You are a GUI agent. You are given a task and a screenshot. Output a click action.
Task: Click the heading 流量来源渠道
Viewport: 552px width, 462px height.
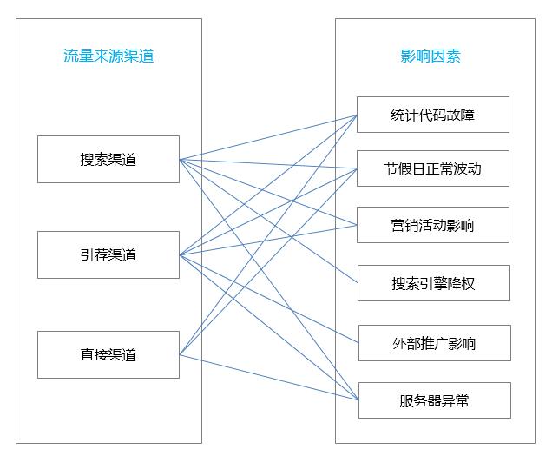(x=108, y=56)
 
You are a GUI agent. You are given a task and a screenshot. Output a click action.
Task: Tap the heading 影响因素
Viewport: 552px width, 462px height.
(x=430, y=56)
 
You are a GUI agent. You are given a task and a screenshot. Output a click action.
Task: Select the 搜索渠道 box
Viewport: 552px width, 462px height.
(x=108, y=160)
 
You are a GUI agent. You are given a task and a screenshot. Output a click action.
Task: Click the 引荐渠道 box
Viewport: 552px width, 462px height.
(x=108, y=255)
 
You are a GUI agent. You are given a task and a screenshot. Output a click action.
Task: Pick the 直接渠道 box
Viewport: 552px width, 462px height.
(x=108, y=354)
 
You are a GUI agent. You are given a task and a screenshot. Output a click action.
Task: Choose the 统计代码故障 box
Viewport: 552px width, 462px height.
(x=433, y=115)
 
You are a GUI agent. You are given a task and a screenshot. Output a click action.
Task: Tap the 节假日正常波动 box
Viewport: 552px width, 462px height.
(x=433, y=168)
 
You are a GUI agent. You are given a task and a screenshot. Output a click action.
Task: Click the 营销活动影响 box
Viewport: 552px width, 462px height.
(x=433, y=226)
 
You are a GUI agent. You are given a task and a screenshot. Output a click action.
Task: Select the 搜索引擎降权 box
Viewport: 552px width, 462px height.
(x=433, y=283)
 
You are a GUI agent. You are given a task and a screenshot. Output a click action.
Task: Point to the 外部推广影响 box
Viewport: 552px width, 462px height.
(x=433, y=343)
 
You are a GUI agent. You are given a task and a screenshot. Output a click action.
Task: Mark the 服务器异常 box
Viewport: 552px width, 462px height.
(x=433, y=400)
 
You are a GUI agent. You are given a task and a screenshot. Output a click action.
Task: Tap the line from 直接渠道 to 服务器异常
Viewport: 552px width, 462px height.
(x=312, y=388)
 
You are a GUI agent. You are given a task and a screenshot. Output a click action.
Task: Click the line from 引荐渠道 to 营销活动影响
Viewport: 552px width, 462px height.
(x=312, y=233)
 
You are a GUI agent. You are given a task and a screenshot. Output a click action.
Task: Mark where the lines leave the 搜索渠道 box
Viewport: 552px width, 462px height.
(x=180, y=160)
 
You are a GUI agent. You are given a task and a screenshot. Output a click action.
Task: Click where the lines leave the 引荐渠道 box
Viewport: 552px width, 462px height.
(x=180, y=255)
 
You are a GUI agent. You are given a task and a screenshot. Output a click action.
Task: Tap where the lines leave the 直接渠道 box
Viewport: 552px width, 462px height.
(x=180, y=354)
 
